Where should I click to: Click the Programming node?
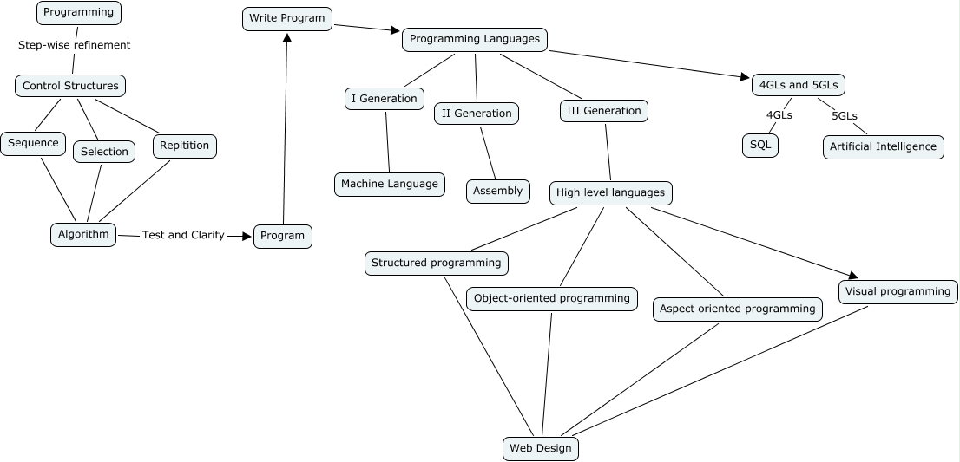(x=79, y=12)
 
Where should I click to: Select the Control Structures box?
(x=70, y=86)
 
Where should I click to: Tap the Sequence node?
(x=33, y=143)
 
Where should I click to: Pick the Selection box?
(x=104, y=152)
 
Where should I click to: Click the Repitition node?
(x=184, y=146)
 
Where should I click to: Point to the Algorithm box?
(x=83, y=234)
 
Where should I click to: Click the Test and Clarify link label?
(x=183, y=235)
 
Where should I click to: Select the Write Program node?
(x=286, y=18)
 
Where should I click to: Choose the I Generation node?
(x=384, y=99)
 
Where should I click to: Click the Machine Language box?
(x=390, y=184)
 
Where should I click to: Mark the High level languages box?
(x=610, y=192)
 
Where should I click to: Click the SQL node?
(x=759, y=145)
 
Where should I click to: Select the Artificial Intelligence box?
(x=883, y=146)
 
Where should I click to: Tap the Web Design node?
(x=540, y=448)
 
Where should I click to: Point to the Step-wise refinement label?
(x=74, y=45)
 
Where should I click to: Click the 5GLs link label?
(x=845, y=115)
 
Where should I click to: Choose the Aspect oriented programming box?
(x=737, y=309)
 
